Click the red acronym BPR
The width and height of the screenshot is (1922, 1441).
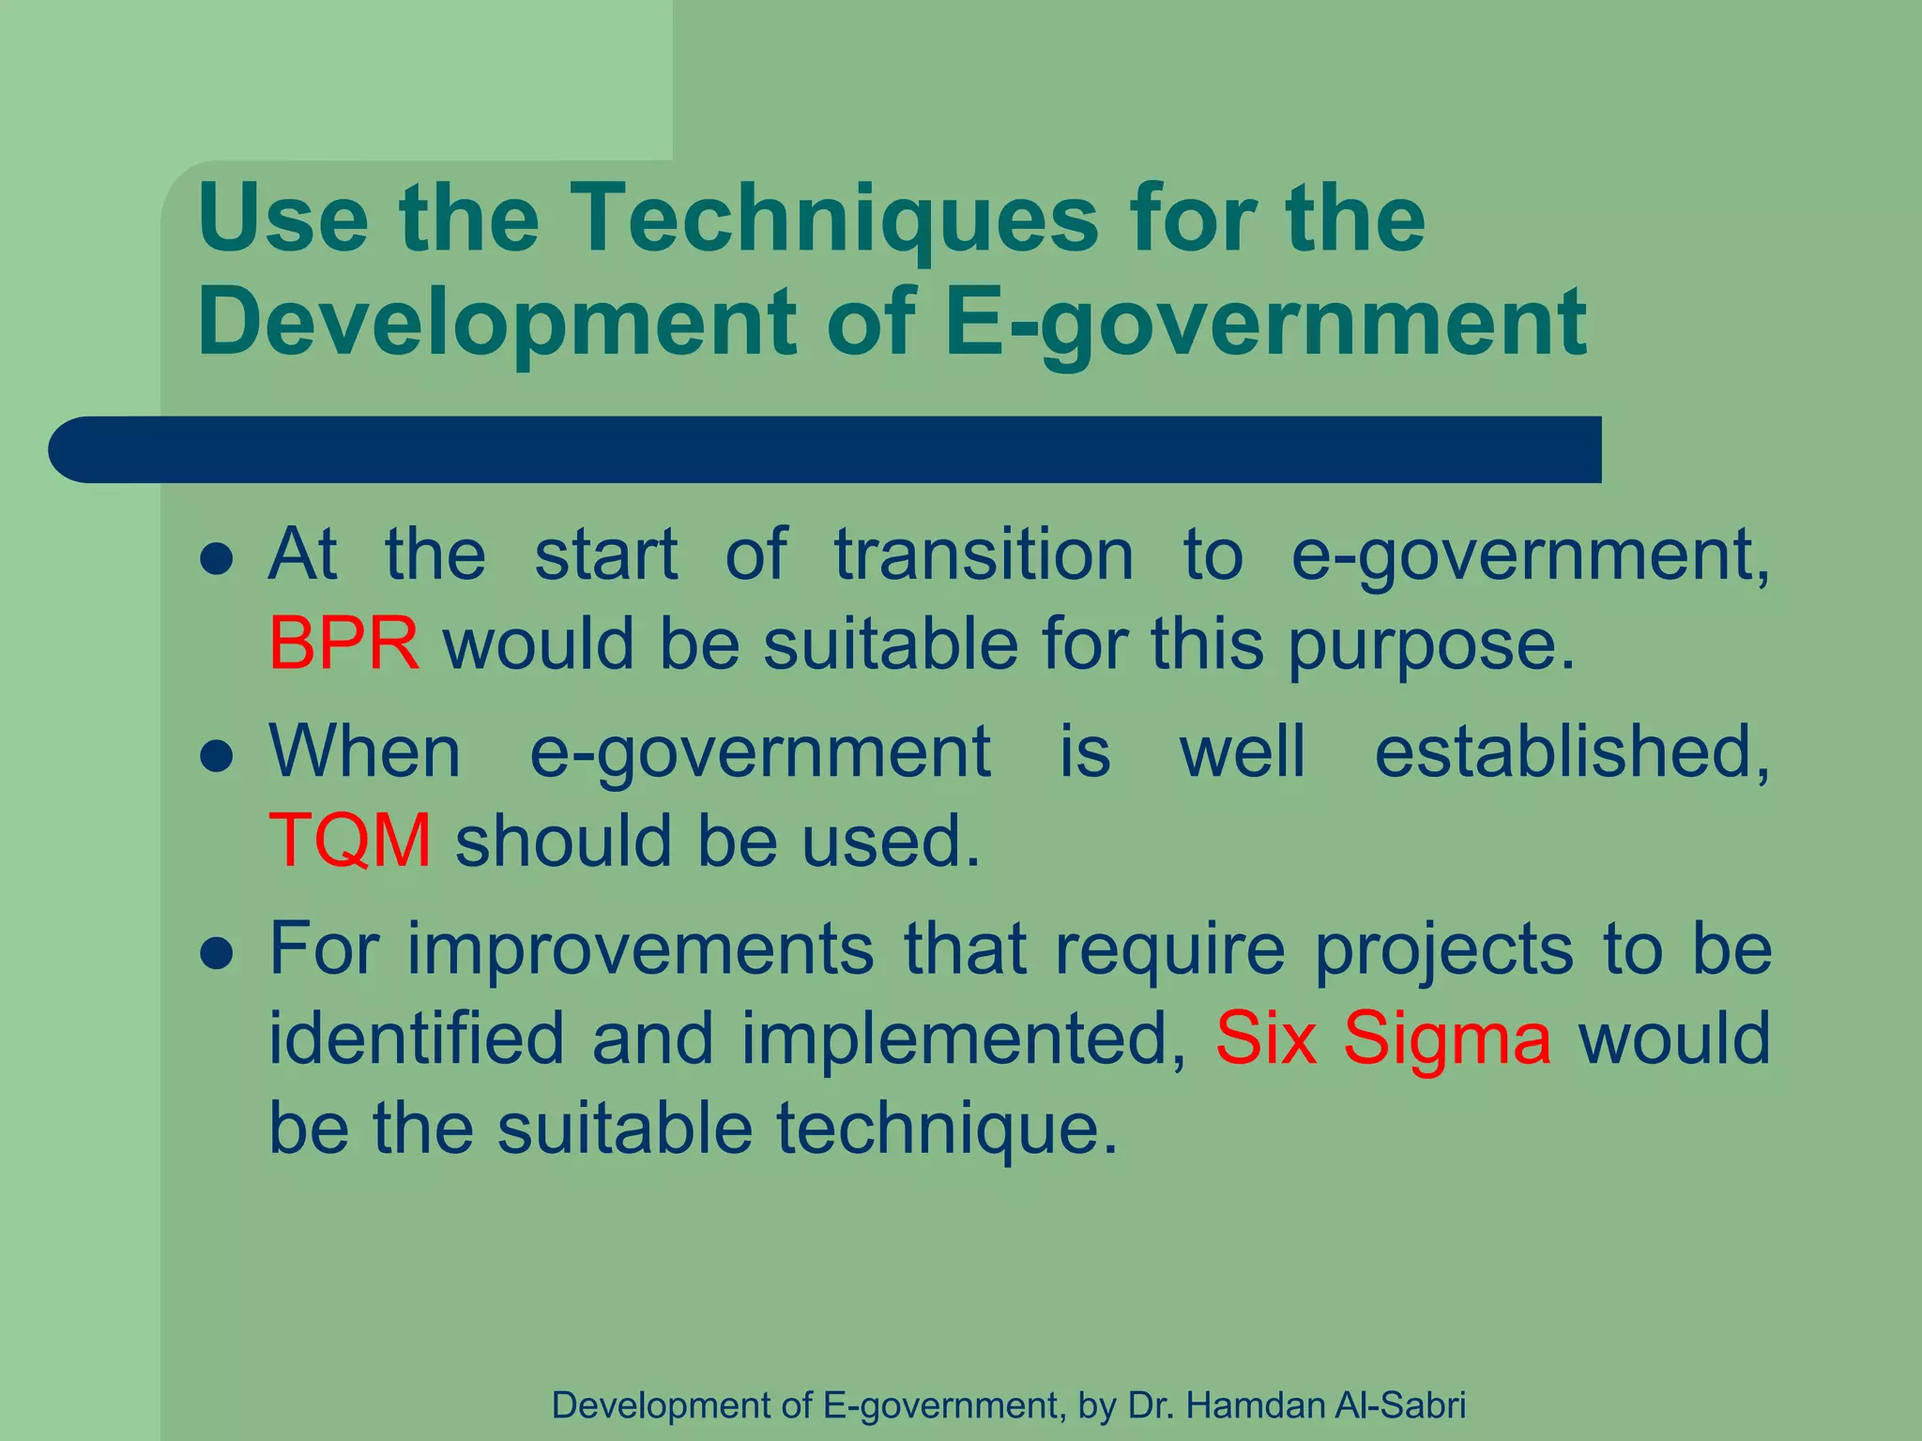[343, 645]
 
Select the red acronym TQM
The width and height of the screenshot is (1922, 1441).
[350, 840]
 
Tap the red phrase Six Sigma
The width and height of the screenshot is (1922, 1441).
[1383, 1039]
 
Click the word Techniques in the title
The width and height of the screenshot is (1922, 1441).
[833, 218]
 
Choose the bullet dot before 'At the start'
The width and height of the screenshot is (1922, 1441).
[217, 560]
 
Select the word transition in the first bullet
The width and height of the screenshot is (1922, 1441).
[984, 554]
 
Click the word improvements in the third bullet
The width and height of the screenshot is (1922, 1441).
[641, 948]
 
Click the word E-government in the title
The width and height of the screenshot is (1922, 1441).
[1265, 322]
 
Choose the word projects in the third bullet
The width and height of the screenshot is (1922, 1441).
[1443, 950]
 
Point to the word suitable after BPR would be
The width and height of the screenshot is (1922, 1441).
[891, 645]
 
